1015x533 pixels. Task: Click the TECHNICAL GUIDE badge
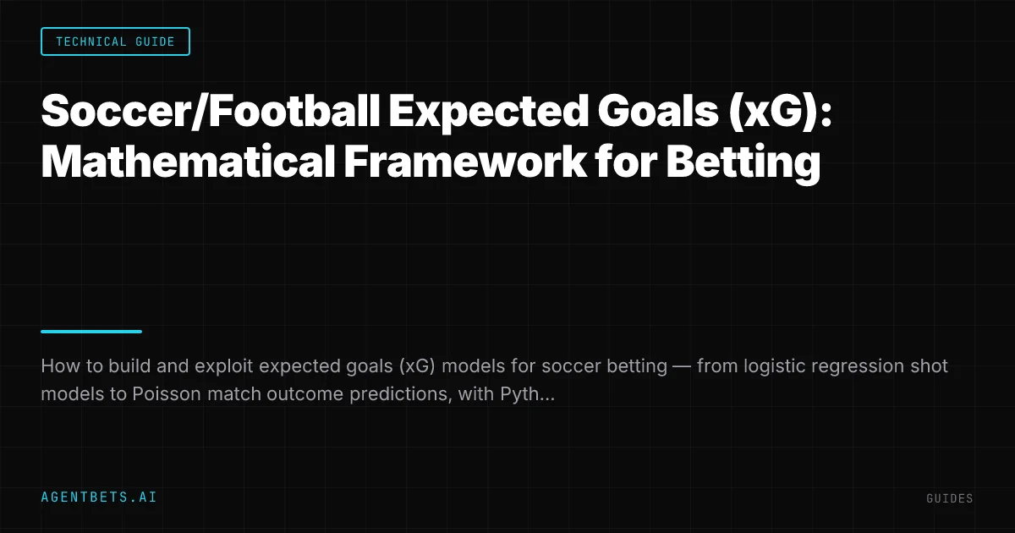point(115,41)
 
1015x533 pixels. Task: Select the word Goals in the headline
point(658,111)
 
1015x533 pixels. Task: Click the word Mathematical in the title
point(188,161)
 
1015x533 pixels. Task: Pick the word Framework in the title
point(465,161)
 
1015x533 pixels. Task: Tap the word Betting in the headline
point(743,163)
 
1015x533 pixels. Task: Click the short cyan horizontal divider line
point(91,332)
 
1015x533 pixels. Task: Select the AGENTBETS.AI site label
point(99,497)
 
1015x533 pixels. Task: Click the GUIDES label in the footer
point(950,498)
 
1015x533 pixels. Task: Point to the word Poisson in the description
point(167,394)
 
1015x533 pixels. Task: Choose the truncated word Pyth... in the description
point(527,395)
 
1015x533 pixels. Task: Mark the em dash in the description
point(682,366)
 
